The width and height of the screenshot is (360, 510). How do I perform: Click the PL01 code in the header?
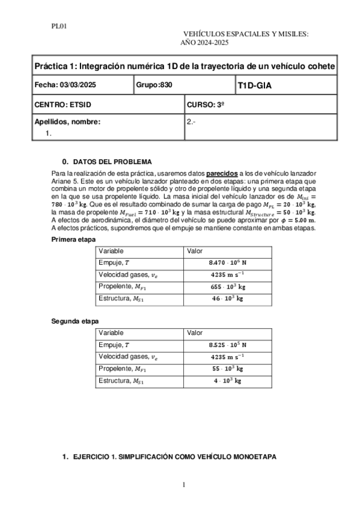58,26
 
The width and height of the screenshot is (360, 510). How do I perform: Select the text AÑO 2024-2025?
204,43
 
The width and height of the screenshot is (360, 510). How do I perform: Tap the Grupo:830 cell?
154,85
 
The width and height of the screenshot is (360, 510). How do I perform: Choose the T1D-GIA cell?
254,86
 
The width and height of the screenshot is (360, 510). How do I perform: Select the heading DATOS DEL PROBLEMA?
112,162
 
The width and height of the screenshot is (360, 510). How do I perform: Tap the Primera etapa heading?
72,239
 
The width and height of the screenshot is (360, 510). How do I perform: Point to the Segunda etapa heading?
74,321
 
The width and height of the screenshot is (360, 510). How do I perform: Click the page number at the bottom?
183,484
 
